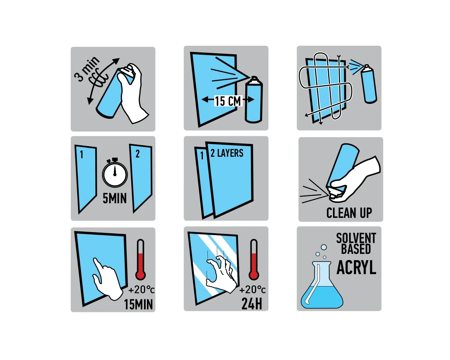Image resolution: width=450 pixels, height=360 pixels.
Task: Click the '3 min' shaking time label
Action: (87, 68)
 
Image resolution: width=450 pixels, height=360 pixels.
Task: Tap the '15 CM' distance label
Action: (228, 101)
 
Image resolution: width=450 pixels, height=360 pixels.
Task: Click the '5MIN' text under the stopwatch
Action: (115, 198)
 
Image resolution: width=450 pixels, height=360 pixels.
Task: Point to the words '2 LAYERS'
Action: (227, 153)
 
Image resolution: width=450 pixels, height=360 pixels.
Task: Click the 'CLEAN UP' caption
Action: (349, 213)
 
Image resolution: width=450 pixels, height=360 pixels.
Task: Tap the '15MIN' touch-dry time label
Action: (138, 304)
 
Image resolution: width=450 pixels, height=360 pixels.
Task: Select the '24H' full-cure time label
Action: (252, 303)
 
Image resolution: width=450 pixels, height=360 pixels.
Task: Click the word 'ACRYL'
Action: (356, 267)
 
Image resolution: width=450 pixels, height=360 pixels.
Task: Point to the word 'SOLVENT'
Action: (356, 238)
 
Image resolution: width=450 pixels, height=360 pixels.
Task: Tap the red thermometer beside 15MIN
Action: (141, 259)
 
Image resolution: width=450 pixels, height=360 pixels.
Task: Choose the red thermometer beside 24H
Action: (253, 259)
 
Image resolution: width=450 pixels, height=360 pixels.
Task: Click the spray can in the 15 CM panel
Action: (253, 99)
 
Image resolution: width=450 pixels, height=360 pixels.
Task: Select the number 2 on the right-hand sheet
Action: (137, 154)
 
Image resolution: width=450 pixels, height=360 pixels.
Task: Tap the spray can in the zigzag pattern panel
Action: (369, 84)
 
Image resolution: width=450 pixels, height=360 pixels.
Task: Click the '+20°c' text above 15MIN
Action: (141, 290)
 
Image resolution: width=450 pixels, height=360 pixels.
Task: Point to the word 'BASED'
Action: (356, 249)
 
